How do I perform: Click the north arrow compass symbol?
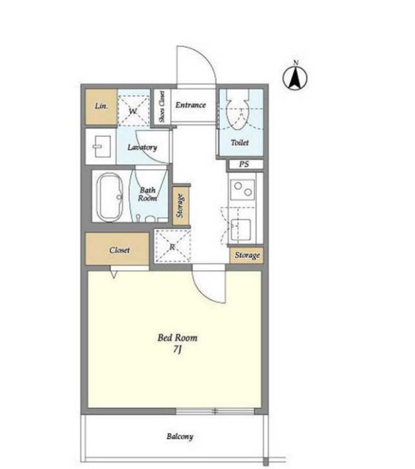(295, 77)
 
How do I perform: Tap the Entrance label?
(190, 105)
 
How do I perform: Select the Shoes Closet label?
(162, 107)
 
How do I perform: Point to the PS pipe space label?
(244, 165)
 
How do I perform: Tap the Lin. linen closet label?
(101, 106)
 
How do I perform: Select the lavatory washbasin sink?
(102, 147)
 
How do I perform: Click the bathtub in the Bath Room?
(110, 198)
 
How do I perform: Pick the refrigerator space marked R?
(172, 246)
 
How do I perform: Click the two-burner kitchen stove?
(243, 190)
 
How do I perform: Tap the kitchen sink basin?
(241, 230)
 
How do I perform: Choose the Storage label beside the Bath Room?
(180, 206)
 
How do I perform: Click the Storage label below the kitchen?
(247, 255)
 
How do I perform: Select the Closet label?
(119, 250)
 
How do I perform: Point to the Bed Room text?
(178, 338)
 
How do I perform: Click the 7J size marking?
(177, 350)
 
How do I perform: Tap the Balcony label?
(180, 436)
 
